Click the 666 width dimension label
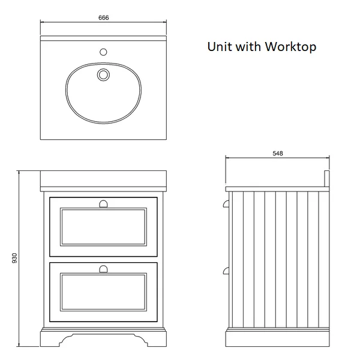coord(104,17)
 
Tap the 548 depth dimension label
coord(278,154)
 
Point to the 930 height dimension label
coord(14,258)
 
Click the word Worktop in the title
coord(290,47)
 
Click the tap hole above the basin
coord(103,52)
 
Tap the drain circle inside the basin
coord(103,74)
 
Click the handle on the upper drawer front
coord(103,204)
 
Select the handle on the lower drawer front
coord(103,269)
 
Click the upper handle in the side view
coord(226,203)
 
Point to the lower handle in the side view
coord(226,271)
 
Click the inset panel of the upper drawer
coord(103,227)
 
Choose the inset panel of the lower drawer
coord(103,292)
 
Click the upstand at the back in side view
coord(327,179)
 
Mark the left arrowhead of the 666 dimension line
coord(42,22)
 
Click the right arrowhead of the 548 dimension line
coord(328,157)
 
